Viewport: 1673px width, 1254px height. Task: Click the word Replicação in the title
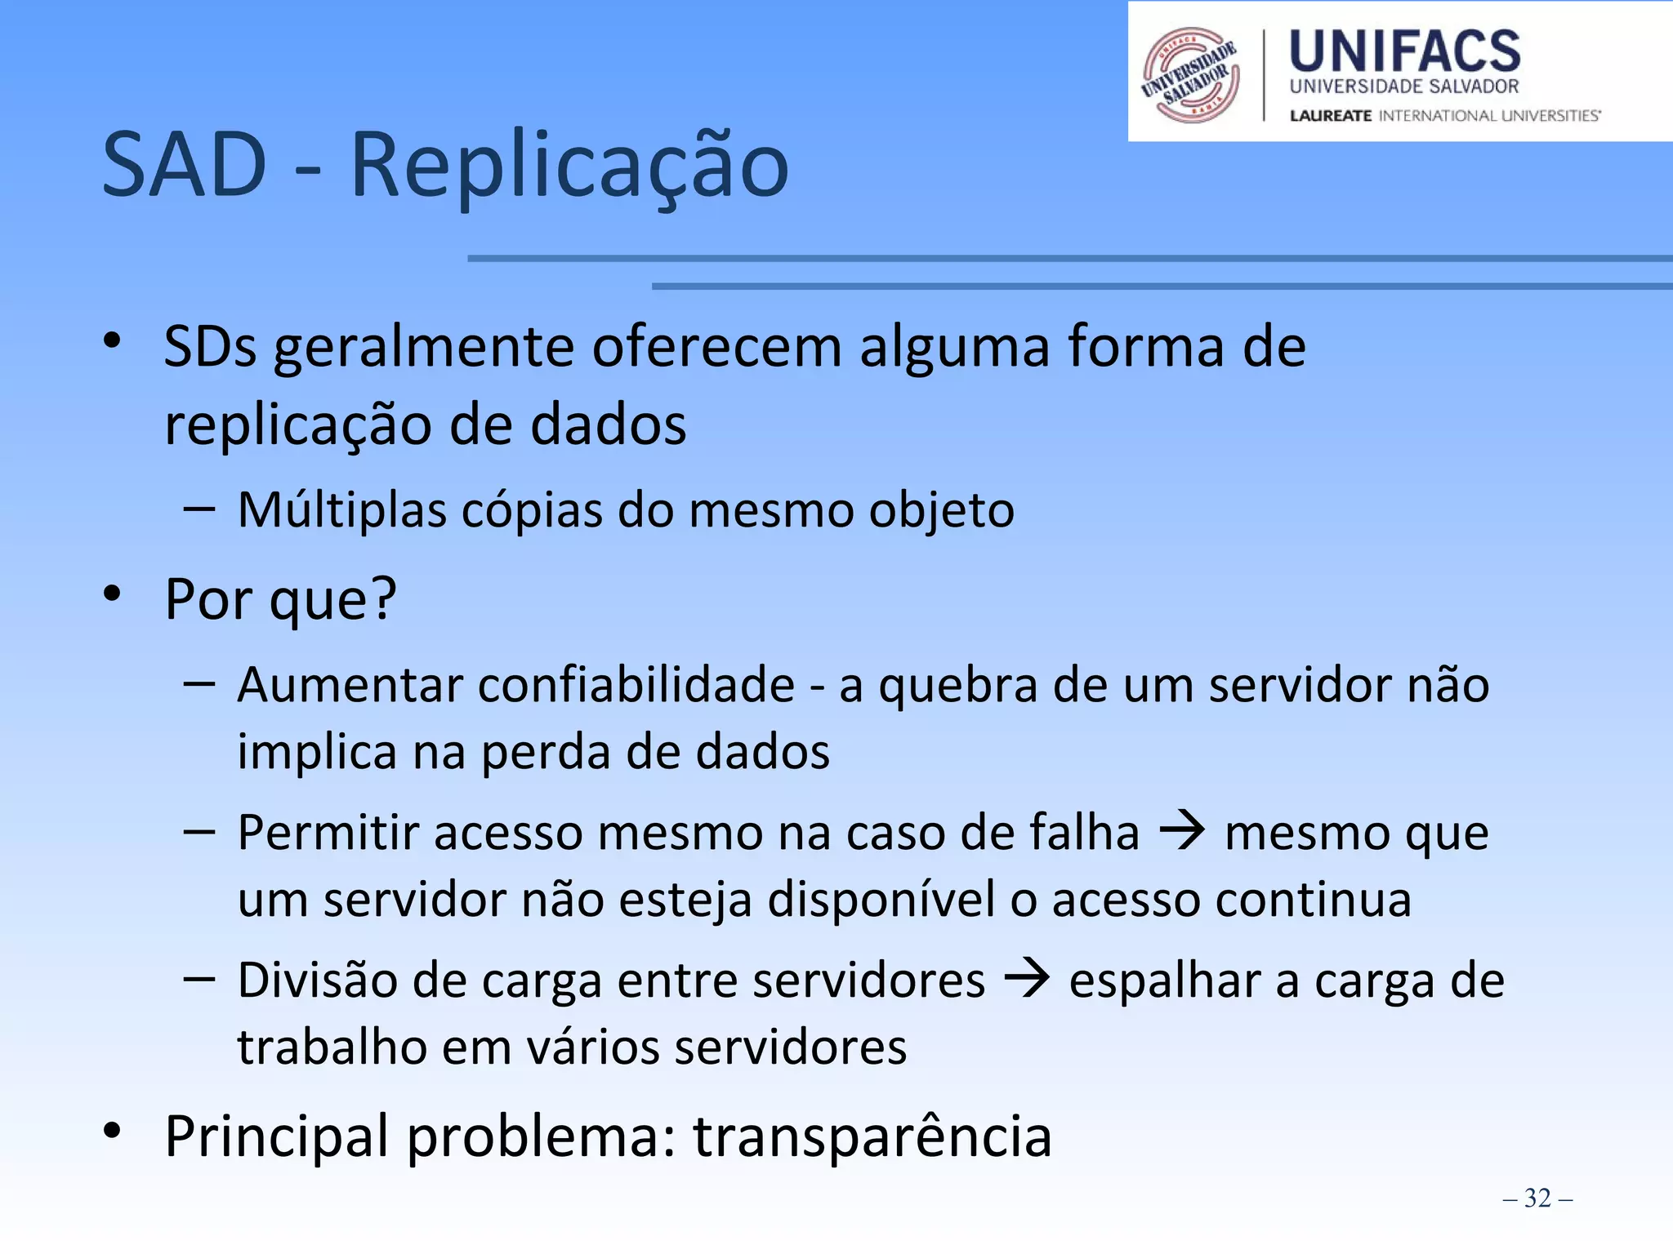[x=569, y=167]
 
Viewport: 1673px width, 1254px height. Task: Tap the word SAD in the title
[x=185, y=167]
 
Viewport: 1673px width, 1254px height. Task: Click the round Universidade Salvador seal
[x=1190, y=75]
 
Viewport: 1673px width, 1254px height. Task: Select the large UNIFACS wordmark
[x=1404, y=51]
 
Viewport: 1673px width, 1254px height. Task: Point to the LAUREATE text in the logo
[x=1331, y=116]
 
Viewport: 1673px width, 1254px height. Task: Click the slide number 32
[x=1537, y=1198]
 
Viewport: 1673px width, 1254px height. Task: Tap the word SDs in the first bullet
[x=210, y=348]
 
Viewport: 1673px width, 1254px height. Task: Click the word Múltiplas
[x=342, y=510]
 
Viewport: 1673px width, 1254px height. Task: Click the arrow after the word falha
[x=1182, y=832]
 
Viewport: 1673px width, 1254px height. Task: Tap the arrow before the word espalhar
[x=1027, y=980]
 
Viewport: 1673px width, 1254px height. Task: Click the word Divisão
[x=317, y=980]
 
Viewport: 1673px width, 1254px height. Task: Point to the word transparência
[x=872, y=1136]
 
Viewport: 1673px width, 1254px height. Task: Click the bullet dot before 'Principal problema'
[x=113, y=1132]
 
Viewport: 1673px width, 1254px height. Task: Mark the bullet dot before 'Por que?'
[x=113, y=594]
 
